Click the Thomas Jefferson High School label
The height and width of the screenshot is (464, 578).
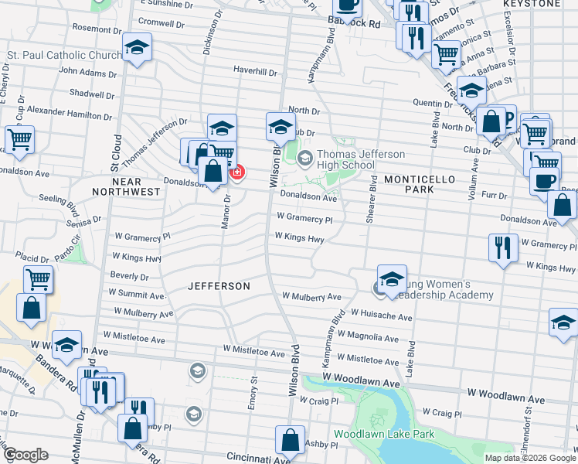345,159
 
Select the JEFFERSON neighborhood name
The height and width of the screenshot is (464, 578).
219,286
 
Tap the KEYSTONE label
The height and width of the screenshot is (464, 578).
531,4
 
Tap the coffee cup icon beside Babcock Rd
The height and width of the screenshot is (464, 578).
347,5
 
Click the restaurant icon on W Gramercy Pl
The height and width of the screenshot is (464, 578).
503,247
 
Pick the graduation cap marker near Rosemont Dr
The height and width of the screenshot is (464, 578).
137,48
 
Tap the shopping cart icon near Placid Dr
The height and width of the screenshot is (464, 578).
38,278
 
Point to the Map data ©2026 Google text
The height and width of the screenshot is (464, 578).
530,458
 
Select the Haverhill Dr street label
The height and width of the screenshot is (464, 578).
256,72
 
